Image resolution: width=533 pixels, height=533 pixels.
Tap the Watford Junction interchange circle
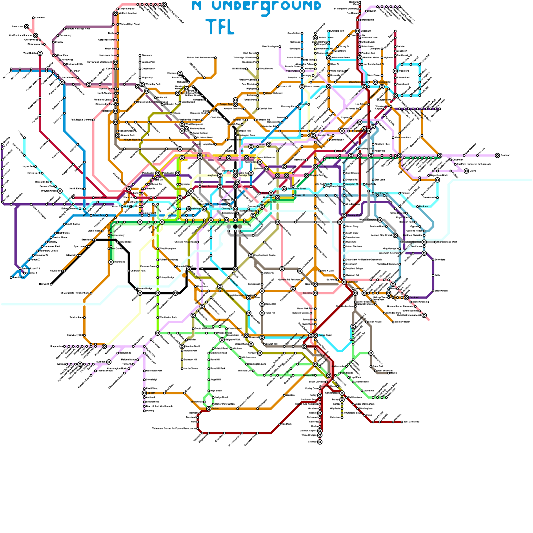(x=116, y=13)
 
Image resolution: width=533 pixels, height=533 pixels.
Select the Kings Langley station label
(x=127, y=9)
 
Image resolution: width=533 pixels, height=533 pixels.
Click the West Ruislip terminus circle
(x=40, y=53)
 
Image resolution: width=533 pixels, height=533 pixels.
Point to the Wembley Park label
(x=153, y=84)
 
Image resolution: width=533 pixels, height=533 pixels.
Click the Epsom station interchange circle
(x=144, y=393)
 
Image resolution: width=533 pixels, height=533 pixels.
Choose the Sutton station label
(x=216, y=408)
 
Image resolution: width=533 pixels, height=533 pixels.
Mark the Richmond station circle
(x=111, y=262)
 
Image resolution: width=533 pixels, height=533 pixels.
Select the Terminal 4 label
(x=31, y=273)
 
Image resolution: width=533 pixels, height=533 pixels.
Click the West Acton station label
(x=101, y=198)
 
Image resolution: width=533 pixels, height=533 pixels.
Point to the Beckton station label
(x=423, y=207)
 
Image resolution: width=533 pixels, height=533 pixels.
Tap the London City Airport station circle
(x=395, y=235)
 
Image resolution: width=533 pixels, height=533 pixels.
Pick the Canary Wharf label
(x=354, y=215)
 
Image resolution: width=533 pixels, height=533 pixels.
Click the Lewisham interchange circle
(x=344, y=282)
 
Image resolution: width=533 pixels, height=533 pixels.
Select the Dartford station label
(x=414, y=297)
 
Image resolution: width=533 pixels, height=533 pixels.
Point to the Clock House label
(x=375, y=322)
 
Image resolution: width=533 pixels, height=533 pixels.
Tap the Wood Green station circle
(x=302, y=71)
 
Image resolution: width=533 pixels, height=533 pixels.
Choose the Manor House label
(x=312, y=87)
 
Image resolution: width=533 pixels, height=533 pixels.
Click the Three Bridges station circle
(x=320, y=435)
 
